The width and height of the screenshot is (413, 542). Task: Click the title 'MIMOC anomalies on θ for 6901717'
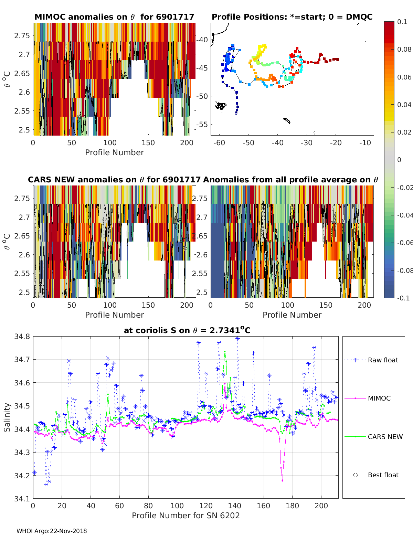coord(114,17)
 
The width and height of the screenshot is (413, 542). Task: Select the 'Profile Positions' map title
coord(292,17)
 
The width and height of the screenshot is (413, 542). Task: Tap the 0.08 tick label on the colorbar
coord(404,49)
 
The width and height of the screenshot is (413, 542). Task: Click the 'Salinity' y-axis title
coord(7,417)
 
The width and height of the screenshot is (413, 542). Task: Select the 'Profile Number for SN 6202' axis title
coord(186,516)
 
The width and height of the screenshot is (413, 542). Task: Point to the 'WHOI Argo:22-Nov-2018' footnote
coord(52,531)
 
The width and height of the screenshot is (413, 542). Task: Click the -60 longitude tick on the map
coord(219,143)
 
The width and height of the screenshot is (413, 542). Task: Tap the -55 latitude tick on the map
coord(202,124)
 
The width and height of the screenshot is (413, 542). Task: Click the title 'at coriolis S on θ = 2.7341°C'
coord(187,330)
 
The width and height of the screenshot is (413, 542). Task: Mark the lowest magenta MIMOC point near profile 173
coord(282,480)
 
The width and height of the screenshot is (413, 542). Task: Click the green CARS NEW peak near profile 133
coord(225,352)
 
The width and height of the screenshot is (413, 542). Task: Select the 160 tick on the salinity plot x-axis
coord(264,506)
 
